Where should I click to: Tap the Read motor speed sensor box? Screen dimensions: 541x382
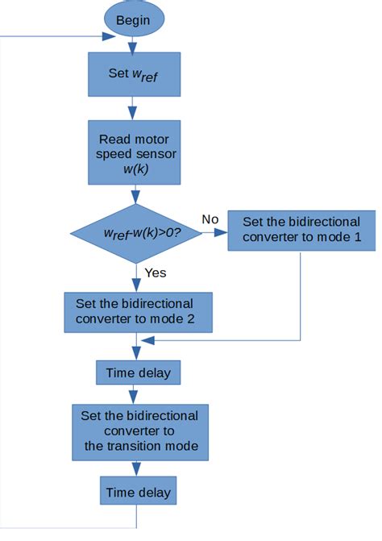click(134, 152)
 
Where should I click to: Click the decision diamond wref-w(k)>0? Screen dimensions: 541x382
click(133, 232)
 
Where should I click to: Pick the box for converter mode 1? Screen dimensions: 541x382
click(301, 231)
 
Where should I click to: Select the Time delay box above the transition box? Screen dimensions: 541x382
click(138, 372)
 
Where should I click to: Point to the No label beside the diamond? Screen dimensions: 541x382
click(210, 218)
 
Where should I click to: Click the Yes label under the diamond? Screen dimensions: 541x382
click(155, 273)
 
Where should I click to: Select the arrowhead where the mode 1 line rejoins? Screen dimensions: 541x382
click(145, 340)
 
